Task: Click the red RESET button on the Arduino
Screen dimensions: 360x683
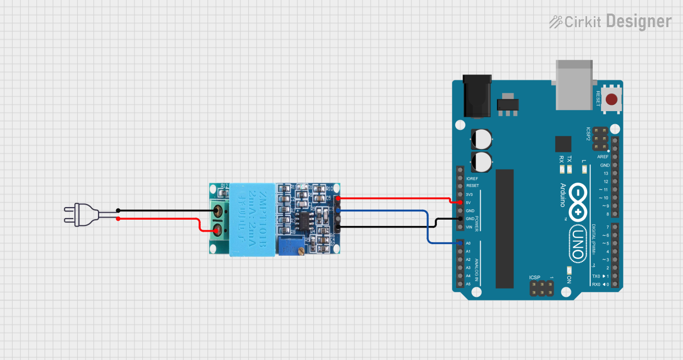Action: [x=613, y=99]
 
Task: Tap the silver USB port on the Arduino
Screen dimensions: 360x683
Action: [x=575, y=85]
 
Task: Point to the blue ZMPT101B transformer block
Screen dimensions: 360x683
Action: [x=252, y=219]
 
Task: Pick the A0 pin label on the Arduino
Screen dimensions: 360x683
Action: [x=468, y=243]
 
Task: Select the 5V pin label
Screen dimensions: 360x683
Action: [x=469, y=202]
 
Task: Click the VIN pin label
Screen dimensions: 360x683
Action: [x=469, y=227]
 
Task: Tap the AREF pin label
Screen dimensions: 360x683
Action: [x=603, y=157]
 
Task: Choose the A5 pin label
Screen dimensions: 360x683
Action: [x=468, y=284]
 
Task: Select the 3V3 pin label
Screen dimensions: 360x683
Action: [x=469, y=194]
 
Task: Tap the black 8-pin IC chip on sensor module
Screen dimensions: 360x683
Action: [x=302, y=221]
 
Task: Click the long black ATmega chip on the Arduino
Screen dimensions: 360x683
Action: [x=504, y=229]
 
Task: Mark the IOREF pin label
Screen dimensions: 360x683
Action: [x=472, y=178]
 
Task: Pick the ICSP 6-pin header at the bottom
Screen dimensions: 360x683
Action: [x=542, y=289]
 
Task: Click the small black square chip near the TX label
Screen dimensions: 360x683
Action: [x=563, y=144]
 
